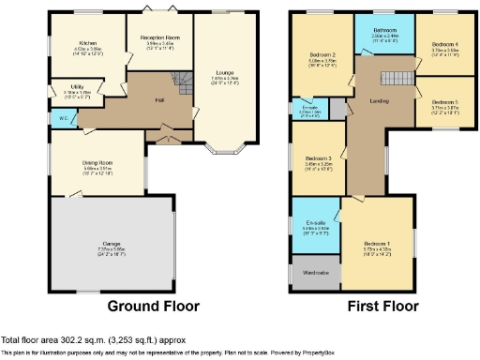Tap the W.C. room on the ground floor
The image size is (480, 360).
61,119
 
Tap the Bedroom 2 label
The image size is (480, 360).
322,55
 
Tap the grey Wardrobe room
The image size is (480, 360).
315,273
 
